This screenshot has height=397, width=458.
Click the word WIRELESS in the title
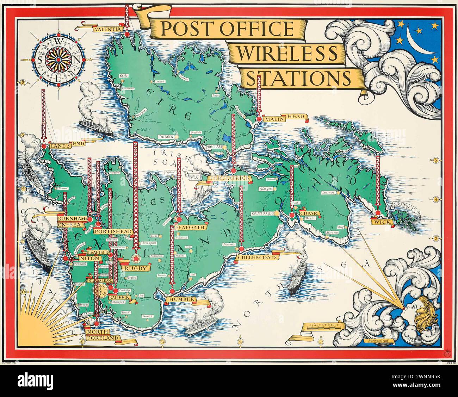pos(287,54)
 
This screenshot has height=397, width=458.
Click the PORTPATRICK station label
pos(230,179)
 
